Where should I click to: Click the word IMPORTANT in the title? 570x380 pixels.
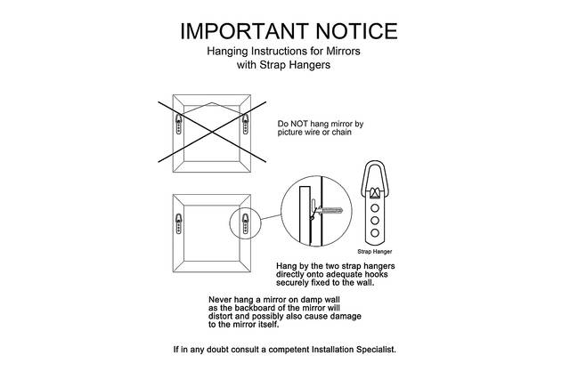(244, 31)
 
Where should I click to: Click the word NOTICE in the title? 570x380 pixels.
(356, 31)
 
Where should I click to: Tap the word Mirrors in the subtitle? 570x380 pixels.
(343, 51)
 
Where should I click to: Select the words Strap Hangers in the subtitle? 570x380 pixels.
(295, 65)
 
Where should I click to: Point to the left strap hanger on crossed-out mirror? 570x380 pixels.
(178, 124)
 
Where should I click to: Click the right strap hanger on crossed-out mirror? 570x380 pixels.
(246, 124)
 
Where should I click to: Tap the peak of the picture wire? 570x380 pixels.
(212, 103)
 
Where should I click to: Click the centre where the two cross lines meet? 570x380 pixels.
(212, 133)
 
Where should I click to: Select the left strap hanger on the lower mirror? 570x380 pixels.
(178, 223)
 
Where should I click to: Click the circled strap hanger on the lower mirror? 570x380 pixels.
(246, 223)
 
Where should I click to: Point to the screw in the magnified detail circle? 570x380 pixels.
(329, 211)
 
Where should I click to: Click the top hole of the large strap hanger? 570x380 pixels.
(375, 208)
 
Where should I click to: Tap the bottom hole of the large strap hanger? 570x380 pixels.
(375, 233)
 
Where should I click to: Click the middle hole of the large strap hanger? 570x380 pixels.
(375, 221)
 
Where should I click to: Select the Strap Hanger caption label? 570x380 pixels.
(375, 251)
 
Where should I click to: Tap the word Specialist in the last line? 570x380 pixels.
(376, 350)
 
